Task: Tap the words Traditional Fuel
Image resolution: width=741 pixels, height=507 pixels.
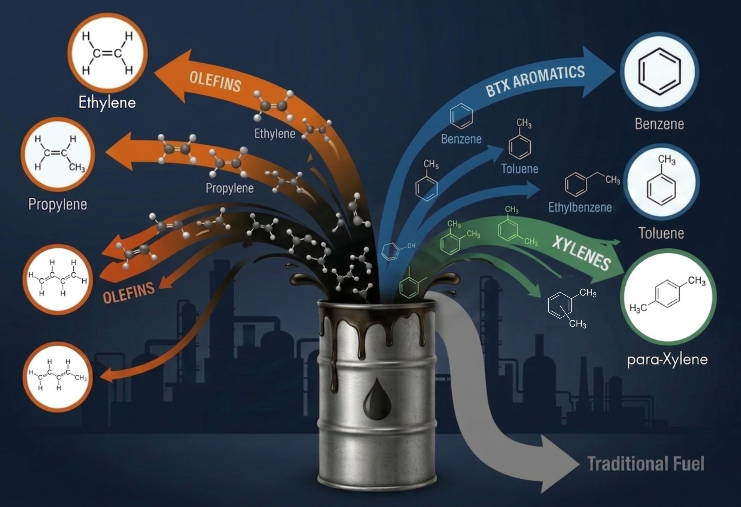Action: pos(646,464)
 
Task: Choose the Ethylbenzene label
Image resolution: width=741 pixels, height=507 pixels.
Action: pos(580,207)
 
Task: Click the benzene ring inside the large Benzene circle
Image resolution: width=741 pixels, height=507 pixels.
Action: pos(659,72)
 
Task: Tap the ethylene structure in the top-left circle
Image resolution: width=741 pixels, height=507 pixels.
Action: pos(107,53)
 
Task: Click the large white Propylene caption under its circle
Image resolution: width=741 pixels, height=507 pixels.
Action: pos(58,204)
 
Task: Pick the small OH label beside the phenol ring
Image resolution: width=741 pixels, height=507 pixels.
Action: pos(411,246)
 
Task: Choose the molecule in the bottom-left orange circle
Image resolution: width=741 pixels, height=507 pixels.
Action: pos(58,375)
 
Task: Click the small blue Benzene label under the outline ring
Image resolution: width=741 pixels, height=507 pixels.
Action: pos(461,139)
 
